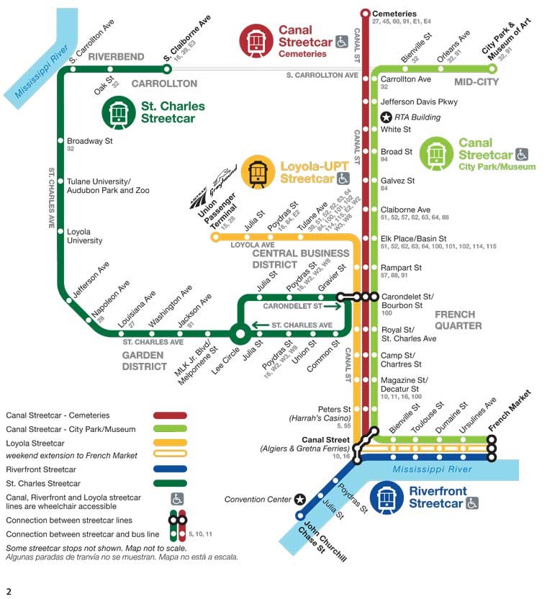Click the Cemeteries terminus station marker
click(365, 13)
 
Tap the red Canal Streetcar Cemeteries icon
click(256, 40)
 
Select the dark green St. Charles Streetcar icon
click(118, 112)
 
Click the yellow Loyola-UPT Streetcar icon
click(258, 172)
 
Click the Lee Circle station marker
click(239, 333)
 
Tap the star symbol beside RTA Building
click(386, 117)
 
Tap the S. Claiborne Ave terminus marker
click(167, 69)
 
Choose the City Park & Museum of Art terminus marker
click(493, 69)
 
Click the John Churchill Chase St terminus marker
click(301, 515)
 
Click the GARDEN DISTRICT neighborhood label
click(145, 361)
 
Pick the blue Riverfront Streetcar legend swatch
click(170, 469)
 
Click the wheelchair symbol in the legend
click(176, 498)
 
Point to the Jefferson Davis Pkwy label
click(418, 102)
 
